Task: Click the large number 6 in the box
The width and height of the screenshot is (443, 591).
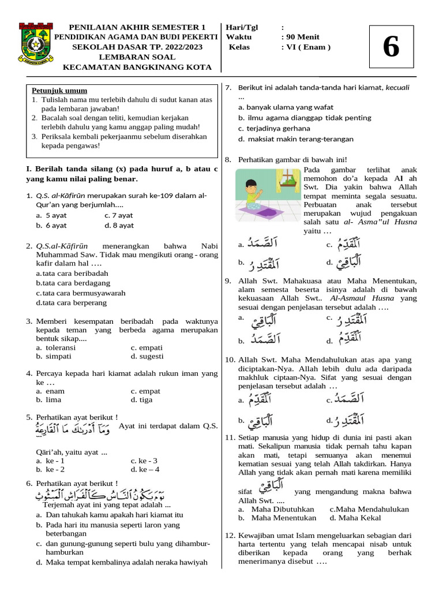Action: click(391, 47)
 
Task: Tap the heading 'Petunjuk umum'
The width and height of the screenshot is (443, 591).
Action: click(59, 91)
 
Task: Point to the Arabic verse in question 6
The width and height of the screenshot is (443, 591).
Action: click(127, 494)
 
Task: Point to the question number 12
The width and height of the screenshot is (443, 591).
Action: click(230, 535)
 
